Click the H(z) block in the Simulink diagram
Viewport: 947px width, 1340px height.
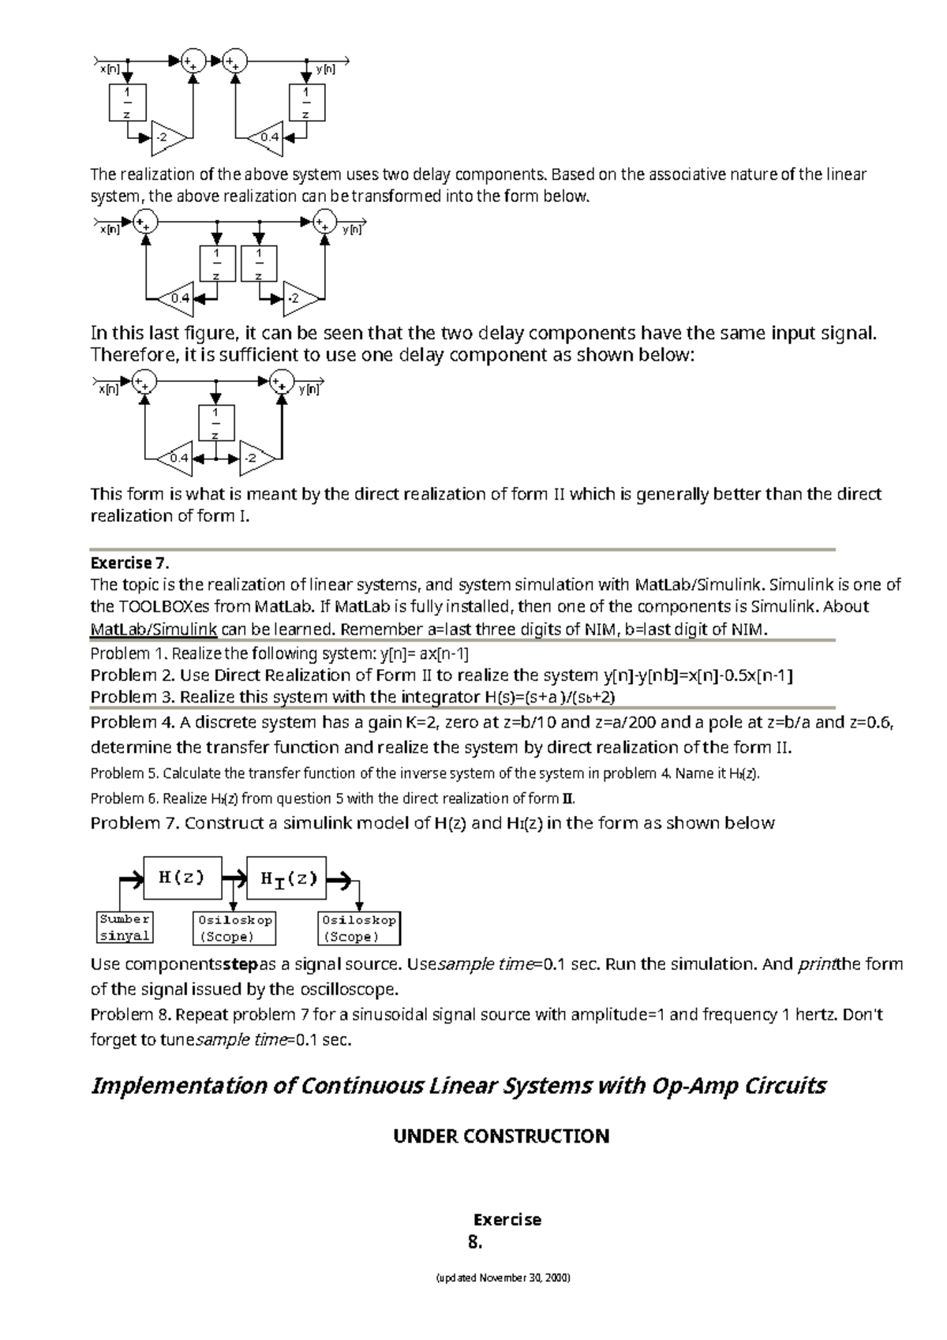point(182,877)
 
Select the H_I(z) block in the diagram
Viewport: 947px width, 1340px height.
point(286,878)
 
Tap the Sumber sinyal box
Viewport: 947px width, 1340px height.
point(125,928)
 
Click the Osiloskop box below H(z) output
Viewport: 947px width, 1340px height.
point(234,929)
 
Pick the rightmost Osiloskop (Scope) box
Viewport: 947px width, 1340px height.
point(359,929)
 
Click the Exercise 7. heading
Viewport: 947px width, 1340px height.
point(130,563)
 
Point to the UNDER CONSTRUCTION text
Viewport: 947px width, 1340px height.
point(501,1136)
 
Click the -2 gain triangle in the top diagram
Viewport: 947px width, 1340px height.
point(167,137)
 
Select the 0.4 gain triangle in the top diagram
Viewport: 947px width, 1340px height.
point(266,137)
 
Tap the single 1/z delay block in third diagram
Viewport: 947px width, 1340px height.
point(215,424)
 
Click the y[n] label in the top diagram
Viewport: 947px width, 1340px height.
point(325,69)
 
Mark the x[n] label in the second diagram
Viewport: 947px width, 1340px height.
point(109,230)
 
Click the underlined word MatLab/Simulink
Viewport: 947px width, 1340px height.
point(154,629)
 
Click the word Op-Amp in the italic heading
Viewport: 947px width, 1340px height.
point(685,1087)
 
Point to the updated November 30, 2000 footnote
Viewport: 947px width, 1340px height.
point(503,1300)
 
